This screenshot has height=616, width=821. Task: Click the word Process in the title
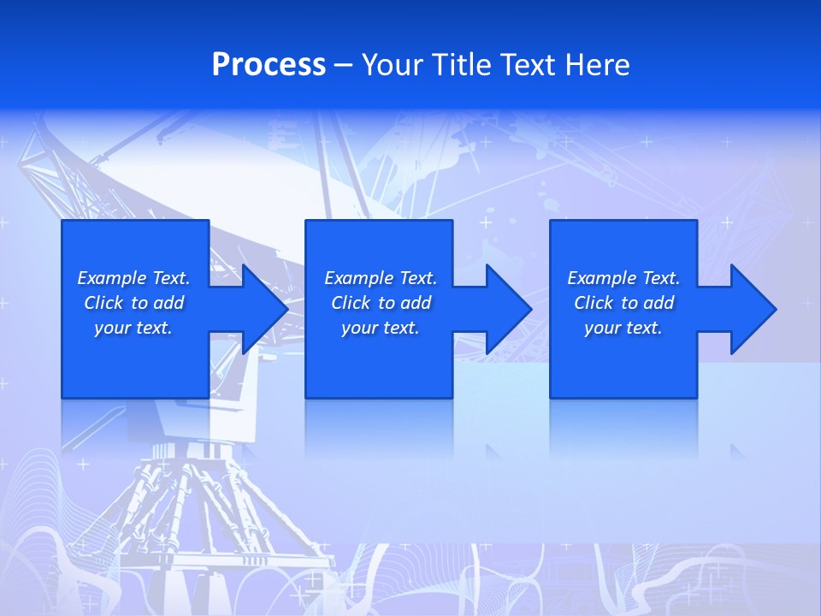pyautogui.click(x=269, y=65)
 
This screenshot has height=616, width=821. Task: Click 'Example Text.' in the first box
pyautogui.click(x=133, y=278)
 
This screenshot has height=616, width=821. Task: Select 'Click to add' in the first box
pyautogui.click(x=133, y=303)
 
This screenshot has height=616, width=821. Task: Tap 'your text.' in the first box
pyautogui.click(x=133, y=328)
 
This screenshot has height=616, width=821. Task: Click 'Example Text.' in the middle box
pyautogui.click(x=381, y=278)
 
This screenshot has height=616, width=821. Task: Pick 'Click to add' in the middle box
pyautogui.click(x=381, y=303)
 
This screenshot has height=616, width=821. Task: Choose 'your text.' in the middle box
pyautogui.click(x=381, y=328)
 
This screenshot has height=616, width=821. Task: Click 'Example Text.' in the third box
pyautogui.click(x=623, y=278)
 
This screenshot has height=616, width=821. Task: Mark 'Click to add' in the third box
pyautogui.click(x=623, y=303)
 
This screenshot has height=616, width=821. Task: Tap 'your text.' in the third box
pyautogui.click(x=623, y=328)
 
